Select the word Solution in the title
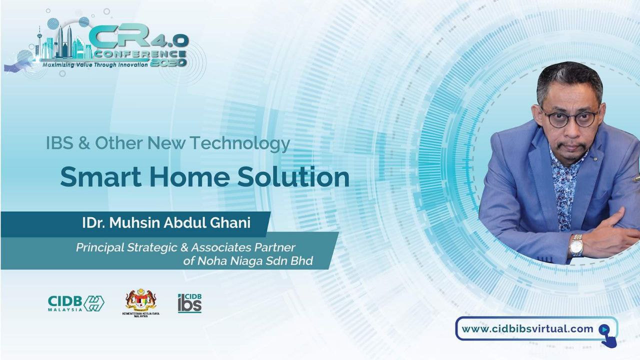[x=293, y=177]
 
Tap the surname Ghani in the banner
[x=230, y=223]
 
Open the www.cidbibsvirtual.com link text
[x=527, y=329]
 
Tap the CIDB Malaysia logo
[x=76, y=303]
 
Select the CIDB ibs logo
[x=189, y=303]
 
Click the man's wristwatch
[x=576, y=245]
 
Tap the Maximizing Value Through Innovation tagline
[x=95, y=65]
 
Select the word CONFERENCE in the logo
[x=140, y=54]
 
